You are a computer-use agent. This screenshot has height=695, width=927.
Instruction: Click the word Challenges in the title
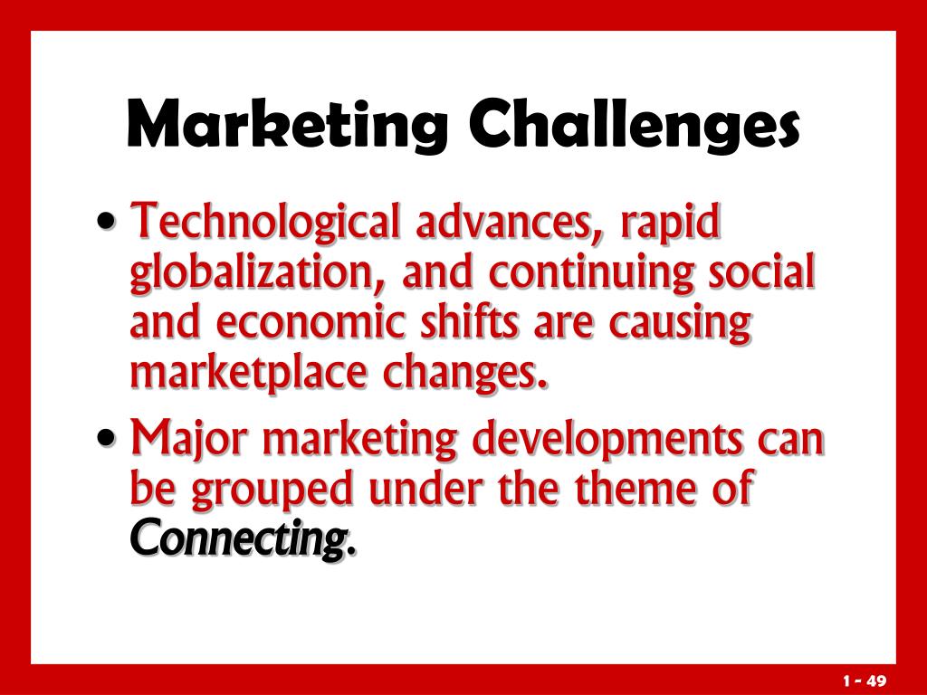(x=634, y=125)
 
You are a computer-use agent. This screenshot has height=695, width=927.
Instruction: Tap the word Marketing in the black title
(x=287, y=125)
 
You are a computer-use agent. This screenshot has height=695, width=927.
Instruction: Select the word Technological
(x=265, y=223)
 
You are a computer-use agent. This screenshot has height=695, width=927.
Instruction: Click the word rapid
(x=671, y=224)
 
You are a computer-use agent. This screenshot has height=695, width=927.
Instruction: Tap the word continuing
(x=590, y=273)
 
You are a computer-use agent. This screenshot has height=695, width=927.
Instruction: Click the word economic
(x=311, y=322)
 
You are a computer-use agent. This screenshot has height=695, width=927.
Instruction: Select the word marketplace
(x=248, y=374)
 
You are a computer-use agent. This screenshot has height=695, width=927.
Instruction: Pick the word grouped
(x=272, y=490)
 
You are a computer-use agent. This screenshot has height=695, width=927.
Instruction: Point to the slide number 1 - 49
(x=865, y=681)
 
